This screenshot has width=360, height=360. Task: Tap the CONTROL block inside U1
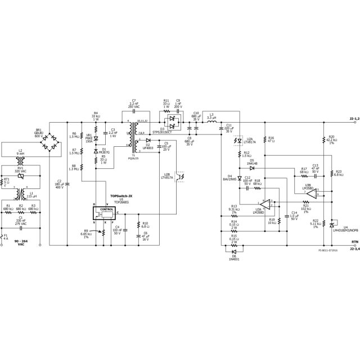pos(106,209)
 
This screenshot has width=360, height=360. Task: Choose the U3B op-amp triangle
pos(313,194)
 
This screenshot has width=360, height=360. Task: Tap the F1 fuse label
pos(6,237)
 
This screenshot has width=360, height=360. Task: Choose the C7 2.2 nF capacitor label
pos(134,105)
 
